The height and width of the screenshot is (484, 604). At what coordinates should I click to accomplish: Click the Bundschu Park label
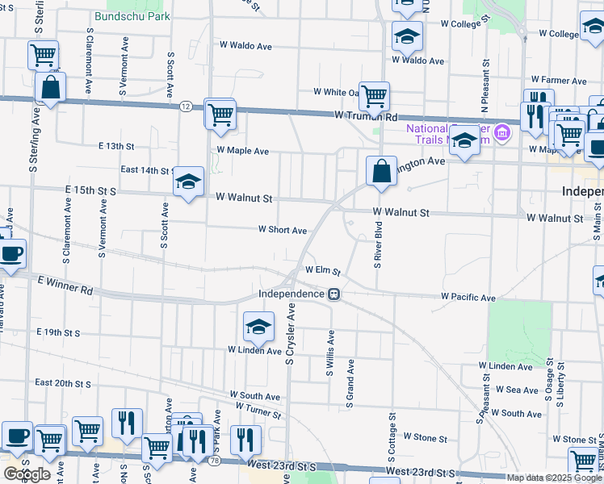(x=132, y=15)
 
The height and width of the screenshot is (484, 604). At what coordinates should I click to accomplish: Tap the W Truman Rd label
(x=367, y=116)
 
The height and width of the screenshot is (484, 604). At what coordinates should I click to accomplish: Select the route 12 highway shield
(x=186, y=106)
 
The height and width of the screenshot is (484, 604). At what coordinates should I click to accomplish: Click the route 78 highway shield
(x=214, y=461)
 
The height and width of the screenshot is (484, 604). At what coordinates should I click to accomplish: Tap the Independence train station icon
(x=333, y=294)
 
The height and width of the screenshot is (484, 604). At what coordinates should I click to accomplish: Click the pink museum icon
(x=502, y=131)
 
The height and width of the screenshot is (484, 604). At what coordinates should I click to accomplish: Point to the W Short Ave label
(x=282, y=230)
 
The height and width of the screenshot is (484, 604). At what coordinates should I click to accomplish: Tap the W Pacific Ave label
(x=468, y=298)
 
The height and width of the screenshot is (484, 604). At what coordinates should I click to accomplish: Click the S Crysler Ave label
(x=291, y=333)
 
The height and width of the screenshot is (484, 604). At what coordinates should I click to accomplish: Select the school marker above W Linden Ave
(x=258, y=327)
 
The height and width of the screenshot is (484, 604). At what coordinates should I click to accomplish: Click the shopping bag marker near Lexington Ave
(x=381, y=172)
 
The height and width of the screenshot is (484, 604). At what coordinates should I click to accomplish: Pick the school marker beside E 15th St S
(x=187, y=181)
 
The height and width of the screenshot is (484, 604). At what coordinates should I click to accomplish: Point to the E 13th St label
(x=115, y=146)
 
